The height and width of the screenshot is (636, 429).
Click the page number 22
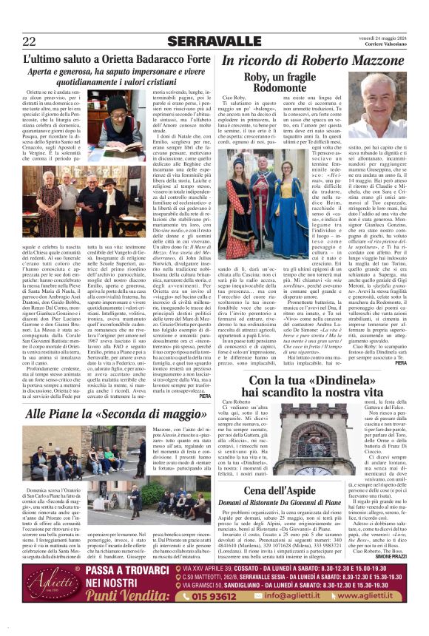click(29, 41)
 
